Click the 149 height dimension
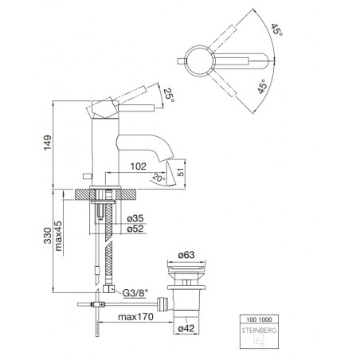click(48, 143)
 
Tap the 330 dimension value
click(48, 236)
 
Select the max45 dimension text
click(58, 236)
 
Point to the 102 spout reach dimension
click(139, 166)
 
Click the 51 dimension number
click(181, 172)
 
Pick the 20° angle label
click(158, 177)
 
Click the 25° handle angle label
click(169, 95)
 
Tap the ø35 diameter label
click(135, 218)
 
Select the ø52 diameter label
click(135, 229)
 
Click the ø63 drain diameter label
click(186, 255)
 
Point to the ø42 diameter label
click(186, 328)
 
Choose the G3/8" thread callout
click(135, 293)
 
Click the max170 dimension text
click(135, 317)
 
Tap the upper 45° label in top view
click(276, 29)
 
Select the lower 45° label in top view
click(263, 87)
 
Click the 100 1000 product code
click(259, 319)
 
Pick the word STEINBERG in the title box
click(259, 331)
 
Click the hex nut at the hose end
click(108, 289)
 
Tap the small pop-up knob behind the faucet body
click(87, 176)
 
